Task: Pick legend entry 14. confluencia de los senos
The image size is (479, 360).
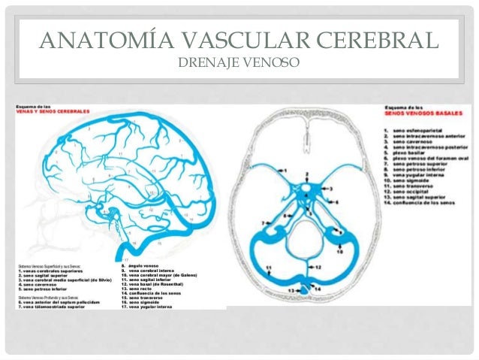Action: coord(424,203)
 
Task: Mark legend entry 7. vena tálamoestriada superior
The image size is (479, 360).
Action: coord(59,307)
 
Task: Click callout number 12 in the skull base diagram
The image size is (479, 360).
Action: coord(318,267)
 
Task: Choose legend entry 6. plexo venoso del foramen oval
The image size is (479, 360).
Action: coord(428,159)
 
